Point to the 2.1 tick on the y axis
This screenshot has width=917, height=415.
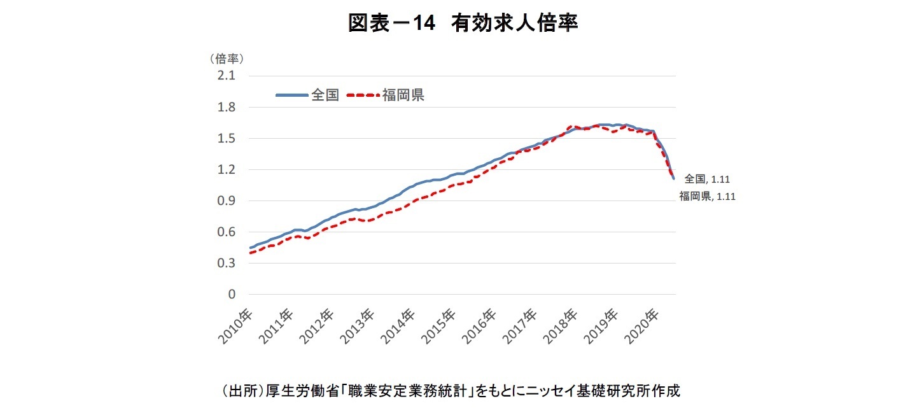coord(227,76)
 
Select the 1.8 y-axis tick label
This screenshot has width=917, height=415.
coord(227,108)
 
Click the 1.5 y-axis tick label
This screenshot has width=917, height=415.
coord(227,139)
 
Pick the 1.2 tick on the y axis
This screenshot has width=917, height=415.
coord(227,170)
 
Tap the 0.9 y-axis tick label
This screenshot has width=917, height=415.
coord(227,201)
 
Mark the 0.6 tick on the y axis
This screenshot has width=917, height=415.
coord(227,232)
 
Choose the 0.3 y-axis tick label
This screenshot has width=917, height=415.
coord(227,264)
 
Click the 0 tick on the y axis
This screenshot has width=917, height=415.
coord(232,295)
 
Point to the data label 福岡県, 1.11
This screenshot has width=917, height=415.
coord(707,196)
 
